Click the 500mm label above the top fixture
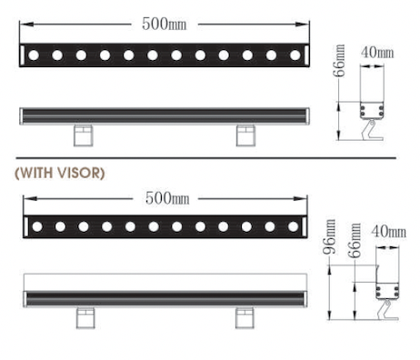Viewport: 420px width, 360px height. [165, 24]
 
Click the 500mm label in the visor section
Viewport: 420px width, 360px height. [167, 198]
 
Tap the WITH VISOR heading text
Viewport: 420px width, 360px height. [60, 173]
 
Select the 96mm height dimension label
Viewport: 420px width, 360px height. [329, 236]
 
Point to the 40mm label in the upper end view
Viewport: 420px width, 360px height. [377, 53]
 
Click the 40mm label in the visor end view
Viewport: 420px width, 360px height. [388, 232]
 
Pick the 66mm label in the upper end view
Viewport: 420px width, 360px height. [339, 61]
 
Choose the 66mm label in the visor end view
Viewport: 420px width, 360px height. [355, 241]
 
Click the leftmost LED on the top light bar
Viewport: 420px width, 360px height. [34, 55]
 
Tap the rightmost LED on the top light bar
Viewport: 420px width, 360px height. [295, 55]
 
